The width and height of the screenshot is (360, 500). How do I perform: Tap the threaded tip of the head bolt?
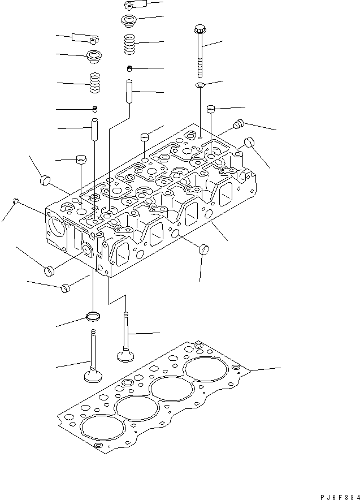pos(200,74)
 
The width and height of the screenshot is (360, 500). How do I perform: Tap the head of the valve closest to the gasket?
pos(124,355)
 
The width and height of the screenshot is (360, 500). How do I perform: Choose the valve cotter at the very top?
pos(135,6)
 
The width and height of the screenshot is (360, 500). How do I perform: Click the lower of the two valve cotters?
pos(85,38)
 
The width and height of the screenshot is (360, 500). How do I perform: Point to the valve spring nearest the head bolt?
pos(131,45)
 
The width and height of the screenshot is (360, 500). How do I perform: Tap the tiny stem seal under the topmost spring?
pos(129,69)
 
